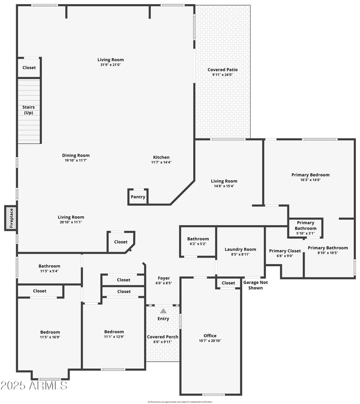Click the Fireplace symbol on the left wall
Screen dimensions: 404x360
(11, 218)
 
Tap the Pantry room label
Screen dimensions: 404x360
(138, 197)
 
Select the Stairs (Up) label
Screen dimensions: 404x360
(29, 110)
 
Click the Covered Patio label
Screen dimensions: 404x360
(222, 70)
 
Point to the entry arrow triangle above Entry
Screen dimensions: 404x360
(163, 311)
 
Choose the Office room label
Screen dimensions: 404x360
(210, 336)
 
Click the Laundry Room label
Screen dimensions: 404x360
(240, 250)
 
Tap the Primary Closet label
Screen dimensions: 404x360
(285, 251)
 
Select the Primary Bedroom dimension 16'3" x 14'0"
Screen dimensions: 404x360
(310, 180)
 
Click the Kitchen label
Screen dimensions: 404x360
(161, 157)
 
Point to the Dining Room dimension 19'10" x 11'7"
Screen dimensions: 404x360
(76, 160)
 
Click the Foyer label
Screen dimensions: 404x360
(163, 278)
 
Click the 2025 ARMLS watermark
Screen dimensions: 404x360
(34, 386)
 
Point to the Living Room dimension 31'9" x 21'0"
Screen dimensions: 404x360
(110, 65)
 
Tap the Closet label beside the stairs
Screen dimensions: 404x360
(29, 68)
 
